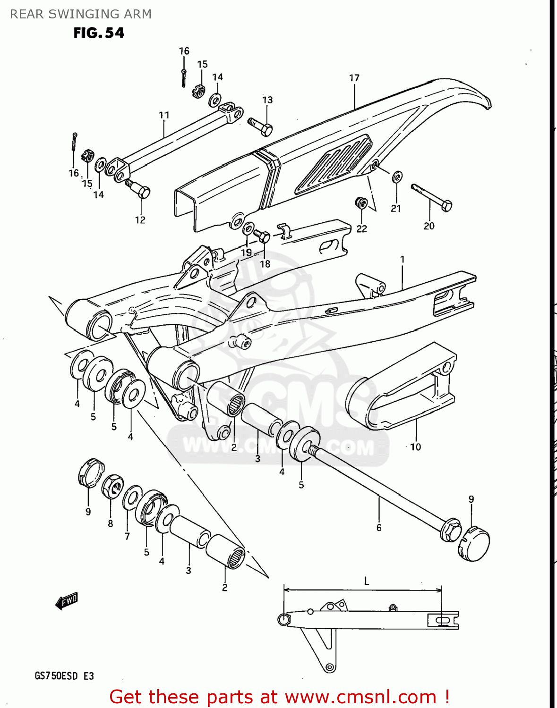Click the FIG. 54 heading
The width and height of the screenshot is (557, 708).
(x=99, y=33)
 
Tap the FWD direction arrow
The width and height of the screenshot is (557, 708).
(x=67, y=601)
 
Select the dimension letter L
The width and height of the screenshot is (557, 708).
(x=367, y=581)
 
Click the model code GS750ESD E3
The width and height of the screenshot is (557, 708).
(x=64, y=676)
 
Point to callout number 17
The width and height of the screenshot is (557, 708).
(x=354, y=78)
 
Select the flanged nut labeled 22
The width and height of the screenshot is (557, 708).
(x=361, y=203)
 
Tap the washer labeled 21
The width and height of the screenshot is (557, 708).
(x=397, y=177)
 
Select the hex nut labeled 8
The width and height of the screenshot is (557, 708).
(x=113, y=486)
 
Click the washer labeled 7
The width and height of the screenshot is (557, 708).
(x=132, y=497)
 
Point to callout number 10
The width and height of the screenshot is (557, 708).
(x=415, y=447)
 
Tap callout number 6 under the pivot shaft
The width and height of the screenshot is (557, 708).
(x=379, y=528)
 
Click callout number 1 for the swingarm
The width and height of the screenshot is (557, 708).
(x=402, y=259)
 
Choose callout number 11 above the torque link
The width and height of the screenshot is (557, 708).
(x=164, y=115)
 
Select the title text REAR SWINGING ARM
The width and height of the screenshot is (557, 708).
(x=81, y=14)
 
